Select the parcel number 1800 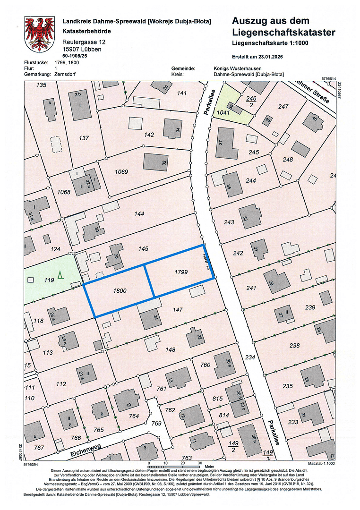pyautogui.click(x=120, y=291)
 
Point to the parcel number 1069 pyautogui.click(x=121, y=171)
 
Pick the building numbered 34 pyautogui.click(x=172, y=128)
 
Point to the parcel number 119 pyautogui.click(x=49, y=280)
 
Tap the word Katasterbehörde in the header pyautogui.click(x=87, y=31)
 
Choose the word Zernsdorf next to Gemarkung pyautogui.click(x=65, y=74)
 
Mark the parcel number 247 pyautogui.click(x=283, y=107)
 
